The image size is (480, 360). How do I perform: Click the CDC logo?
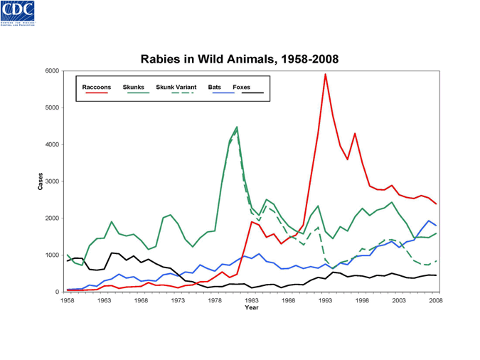pos(21,16)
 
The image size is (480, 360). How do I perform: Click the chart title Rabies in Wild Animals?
pos(240,58)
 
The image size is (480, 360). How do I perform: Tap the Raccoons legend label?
pos(97,87)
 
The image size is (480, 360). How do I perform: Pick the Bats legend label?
pos(215,87)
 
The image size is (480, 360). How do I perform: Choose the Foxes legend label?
pos(242,87)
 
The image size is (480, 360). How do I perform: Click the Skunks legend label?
pos(134,87)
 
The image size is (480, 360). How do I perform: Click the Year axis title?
pos(252,308)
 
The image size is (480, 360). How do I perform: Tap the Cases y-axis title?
pos(40,181)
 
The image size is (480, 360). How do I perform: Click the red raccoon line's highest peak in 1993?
pos(326,74)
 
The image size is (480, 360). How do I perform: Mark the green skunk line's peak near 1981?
pos(237,127)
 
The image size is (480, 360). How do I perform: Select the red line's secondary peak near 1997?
pos(355,134)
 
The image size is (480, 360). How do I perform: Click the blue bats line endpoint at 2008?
pos(436,226)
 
